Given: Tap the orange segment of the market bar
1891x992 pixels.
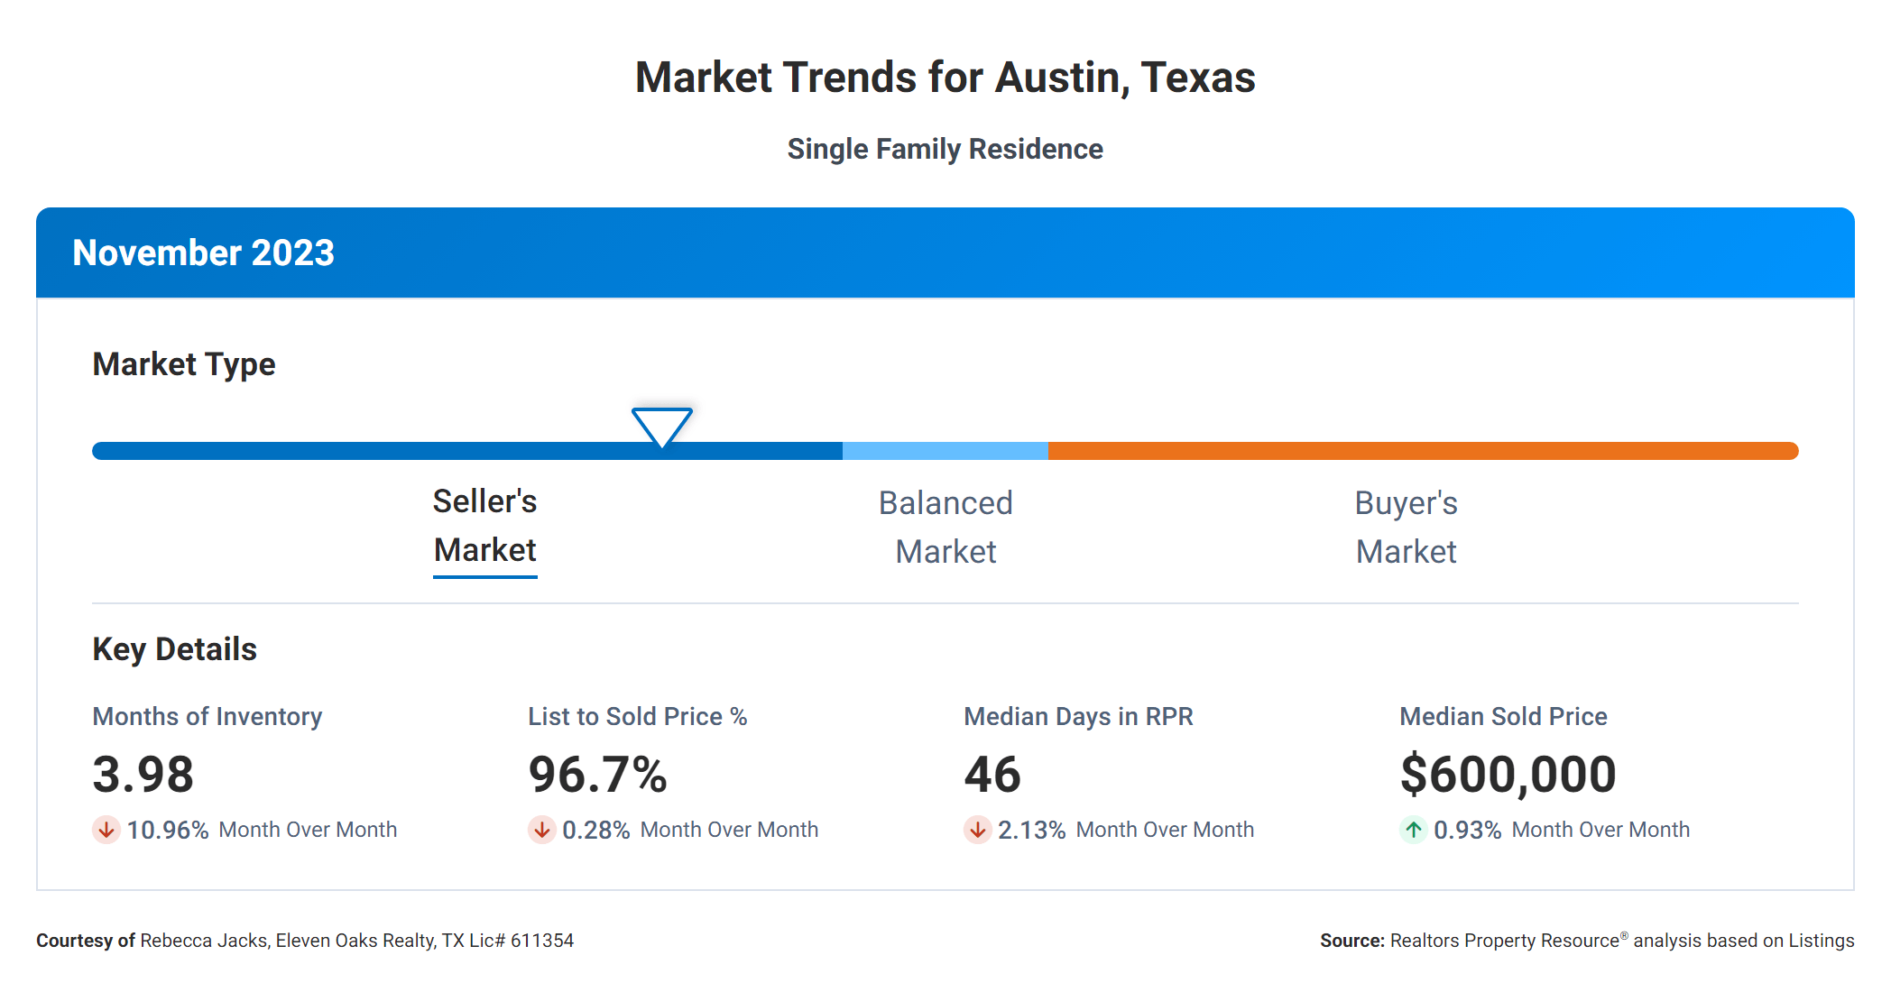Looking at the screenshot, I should [1422, 451].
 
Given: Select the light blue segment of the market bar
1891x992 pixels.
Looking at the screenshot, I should [945, 451].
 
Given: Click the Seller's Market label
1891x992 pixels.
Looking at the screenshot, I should [484, 526].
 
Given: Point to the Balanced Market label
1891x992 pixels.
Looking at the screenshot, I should [945, 528].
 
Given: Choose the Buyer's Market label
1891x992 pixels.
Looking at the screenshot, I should [1406, 528].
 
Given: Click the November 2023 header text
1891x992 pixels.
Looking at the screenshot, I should [203, 253].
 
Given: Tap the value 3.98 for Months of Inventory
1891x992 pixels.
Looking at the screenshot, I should [143, 775].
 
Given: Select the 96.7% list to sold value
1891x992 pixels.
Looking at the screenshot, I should [597, 775].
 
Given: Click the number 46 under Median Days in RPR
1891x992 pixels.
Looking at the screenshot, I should [992, 775].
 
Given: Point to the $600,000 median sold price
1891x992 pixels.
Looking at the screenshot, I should [1508, 775].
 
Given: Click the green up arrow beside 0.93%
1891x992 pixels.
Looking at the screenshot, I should [1413, 830].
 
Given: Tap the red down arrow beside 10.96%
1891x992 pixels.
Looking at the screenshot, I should [106, 830].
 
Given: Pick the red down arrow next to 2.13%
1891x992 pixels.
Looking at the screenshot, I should [977, 830].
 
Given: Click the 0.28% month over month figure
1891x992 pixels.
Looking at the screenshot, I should [595, 830].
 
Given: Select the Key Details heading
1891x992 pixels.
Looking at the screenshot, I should [174, 649].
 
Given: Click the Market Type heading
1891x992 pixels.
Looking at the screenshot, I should [184, 364].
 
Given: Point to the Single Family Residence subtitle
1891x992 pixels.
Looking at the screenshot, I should [945, 149].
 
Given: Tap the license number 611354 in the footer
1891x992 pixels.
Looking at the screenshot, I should [542, 941].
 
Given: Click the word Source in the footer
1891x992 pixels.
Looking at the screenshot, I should [1351, 941].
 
